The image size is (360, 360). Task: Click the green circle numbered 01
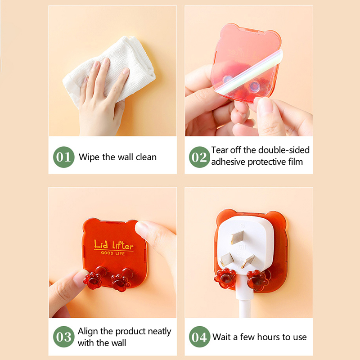point(63,157)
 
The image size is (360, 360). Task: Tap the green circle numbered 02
point(199,157)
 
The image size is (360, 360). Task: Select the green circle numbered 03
point(63,337)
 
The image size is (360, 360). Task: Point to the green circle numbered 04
point(199,337)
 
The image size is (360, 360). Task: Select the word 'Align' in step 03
point(88,332)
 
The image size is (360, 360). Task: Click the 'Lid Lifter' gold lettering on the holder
point(114,245)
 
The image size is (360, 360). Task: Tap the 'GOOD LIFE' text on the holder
point(113,253)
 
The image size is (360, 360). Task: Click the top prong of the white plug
point(237,237)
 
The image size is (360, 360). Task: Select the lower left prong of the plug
point(227,260)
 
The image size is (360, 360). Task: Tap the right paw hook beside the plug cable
point(258,280)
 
